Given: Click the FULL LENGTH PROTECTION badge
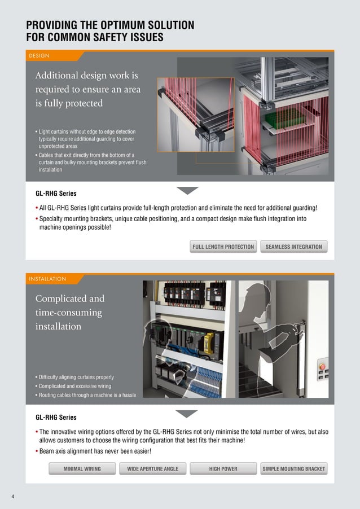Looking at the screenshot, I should [223, 247].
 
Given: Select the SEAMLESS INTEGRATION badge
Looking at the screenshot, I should [293, 247].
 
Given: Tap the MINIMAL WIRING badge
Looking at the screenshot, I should [82, 469].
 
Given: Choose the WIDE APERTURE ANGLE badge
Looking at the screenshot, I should [152, 469].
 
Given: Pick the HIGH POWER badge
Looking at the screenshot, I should [223, 469].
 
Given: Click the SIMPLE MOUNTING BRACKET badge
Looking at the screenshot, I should [293, 469].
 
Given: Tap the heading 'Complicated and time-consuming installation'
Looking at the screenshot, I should [69, 312].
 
